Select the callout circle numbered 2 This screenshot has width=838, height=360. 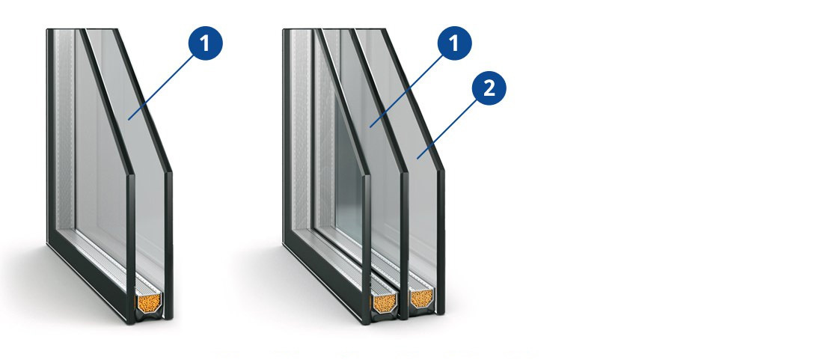(489, 89)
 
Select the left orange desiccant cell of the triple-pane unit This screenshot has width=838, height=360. (384, 302)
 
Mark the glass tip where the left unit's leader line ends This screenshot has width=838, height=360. (129, 118)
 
